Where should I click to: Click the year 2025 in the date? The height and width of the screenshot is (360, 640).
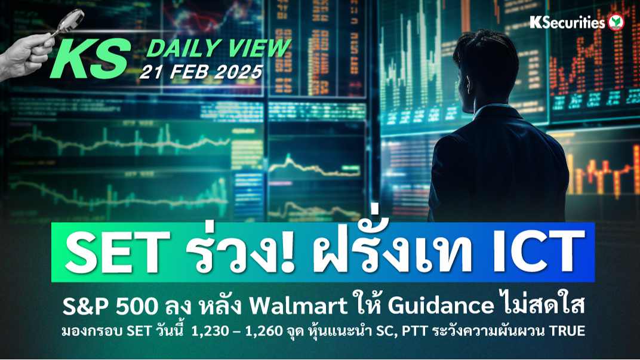(238, 72)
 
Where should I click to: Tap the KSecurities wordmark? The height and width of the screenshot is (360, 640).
(567, 23)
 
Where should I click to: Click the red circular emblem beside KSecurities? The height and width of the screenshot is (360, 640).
(616, 23)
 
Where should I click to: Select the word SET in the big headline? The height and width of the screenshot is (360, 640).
(118, 252)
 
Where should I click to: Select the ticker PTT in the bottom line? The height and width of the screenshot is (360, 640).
(415, 331)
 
